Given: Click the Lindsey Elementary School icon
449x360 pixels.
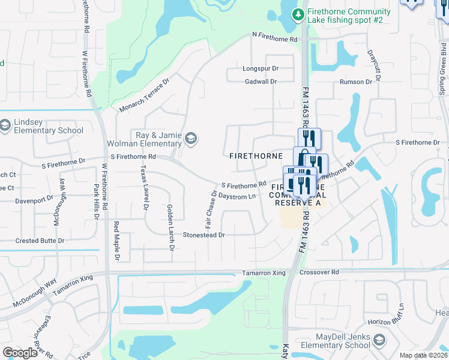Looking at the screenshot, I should click(6, 125).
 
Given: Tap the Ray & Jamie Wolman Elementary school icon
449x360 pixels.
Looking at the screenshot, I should click(191, 139).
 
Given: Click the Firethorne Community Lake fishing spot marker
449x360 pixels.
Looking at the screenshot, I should click(297, 13).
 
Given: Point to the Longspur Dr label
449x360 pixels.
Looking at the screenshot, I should click(261, 69).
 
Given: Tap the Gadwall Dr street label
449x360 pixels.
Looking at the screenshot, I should click(261, 82).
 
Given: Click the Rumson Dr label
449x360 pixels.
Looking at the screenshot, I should click(356, 82).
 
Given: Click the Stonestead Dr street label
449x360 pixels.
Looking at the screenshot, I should click(203, 235).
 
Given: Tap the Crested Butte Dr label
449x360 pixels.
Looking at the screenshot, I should click(40, 241).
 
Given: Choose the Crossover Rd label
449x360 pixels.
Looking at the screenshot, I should click(319, 272).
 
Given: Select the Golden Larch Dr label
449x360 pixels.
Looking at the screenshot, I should click(170, 219).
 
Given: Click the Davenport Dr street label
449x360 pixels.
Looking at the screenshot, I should click(34, 200).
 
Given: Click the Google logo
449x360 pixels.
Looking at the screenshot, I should click(20, 353).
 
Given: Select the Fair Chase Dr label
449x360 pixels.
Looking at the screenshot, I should click(211, 209).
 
